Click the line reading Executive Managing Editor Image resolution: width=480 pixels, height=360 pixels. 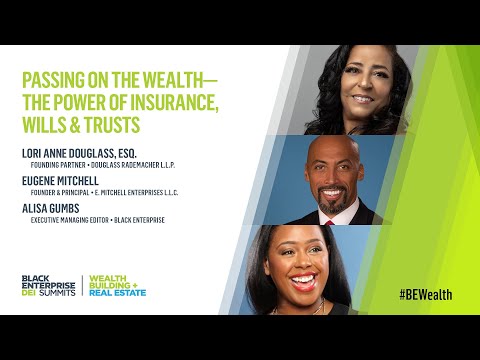pyautogui.click(x=69, y=220)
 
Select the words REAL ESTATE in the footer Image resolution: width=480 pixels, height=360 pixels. pyautogui.click(x=119, y=293)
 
